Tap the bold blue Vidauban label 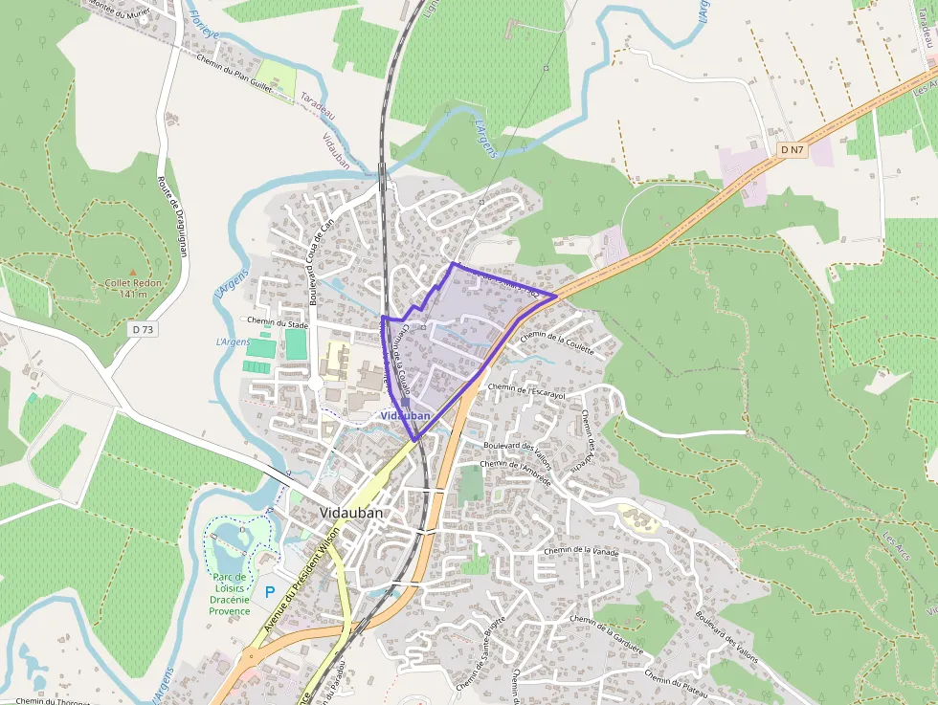(x=404, y=416)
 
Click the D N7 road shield (x=790, y=149)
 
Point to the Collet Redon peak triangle (x=132, y=273)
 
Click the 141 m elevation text (x=133, y=294)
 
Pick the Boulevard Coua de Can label (x=319, y=258)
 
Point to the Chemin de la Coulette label (x=557, y=343)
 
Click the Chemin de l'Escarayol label (x=526, y=391)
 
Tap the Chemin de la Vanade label (x=581, y=553)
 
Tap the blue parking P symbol (x=270, y=592)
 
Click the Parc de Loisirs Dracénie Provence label (x=230, y=594)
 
